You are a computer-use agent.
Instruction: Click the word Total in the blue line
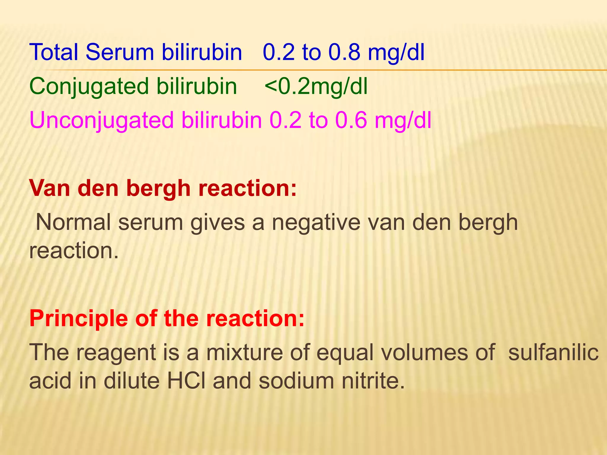54,52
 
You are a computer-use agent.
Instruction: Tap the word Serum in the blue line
120,52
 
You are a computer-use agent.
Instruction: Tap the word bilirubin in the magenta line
222,120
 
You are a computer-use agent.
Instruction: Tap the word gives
218,223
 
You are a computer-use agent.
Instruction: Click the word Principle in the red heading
79,319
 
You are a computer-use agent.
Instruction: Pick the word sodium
296,381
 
